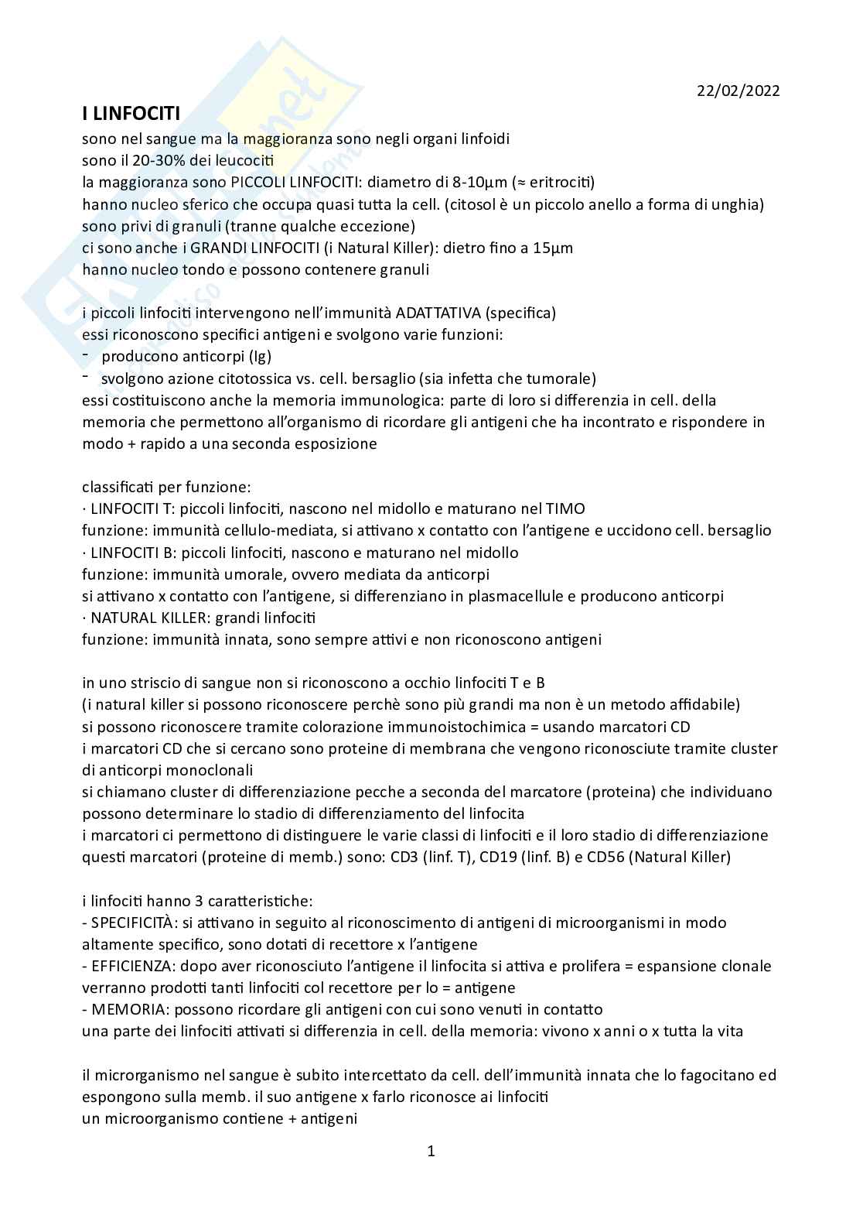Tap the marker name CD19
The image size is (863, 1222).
[572, 857]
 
